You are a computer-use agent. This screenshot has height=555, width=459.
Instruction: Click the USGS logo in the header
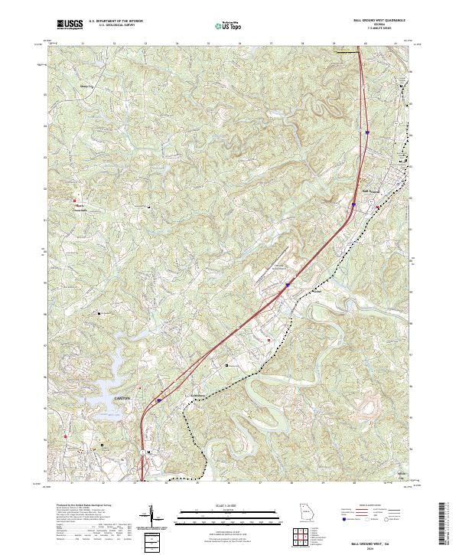[x=70, y=25]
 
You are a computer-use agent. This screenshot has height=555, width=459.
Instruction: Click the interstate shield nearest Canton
[x=159, y=400]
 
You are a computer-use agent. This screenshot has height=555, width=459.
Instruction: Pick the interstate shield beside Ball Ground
[x=354, y=204]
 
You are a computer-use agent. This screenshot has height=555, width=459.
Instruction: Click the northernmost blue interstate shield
[x=367, y=132]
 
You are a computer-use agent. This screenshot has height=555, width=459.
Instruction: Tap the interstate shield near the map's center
[x=288, y=286]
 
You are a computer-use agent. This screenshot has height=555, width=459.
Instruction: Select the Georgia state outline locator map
[x=306, y=514]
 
